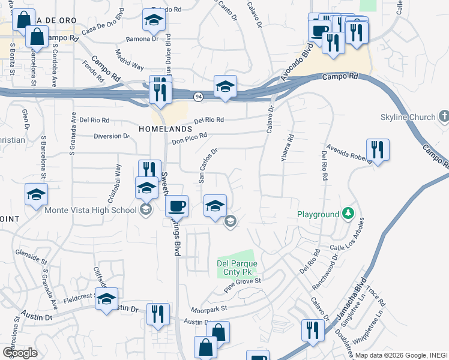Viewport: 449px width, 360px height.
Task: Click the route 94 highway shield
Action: click(x=197, y=96)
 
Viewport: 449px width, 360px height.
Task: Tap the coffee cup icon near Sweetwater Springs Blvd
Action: click(x=176, y=207)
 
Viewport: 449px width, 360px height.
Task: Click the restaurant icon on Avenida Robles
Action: click(x=378, y=149)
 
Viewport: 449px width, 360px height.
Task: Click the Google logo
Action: click(x=20, y=352)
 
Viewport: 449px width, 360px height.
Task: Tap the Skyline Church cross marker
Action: click(x=444, y=116)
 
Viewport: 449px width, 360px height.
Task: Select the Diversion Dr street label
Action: click(x=112, y=136)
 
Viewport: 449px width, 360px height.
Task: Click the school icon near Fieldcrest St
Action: click(x=107, y=299)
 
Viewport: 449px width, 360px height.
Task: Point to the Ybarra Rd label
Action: click(x=290, y=146)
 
